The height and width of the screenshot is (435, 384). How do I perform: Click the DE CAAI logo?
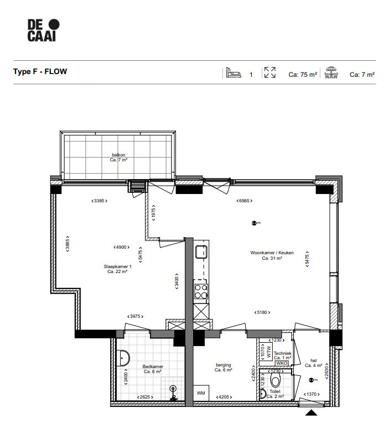pos(43,30)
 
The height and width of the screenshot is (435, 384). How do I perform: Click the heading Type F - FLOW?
pos(40,72)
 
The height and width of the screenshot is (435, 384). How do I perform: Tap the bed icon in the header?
pos(233,73)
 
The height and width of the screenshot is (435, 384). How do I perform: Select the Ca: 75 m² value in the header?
pos(303,74)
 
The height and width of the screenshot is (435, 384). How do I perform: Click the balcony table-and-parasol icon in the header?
pos(331,73)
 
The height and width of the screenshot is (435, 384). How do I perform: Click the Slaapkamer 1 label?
pos(118,269)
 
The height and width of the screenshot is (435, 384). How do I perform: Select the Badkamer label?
pos(152,369)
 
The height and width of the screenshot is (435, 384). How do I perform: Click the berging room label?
pos(223,368)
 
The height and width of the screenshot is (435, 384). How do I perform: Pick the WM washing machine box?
pos(200,393)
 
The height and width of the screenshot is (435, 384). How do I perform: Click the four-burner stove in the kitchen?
pos(200,291)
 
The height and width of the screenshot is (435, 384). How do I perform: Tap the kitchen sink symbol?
pos(200,251)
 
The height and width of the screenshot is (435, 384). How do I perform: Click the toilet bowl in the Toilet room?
pos(276,382)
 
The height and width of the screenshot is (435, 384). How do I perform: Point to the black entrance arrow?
pos(312,412)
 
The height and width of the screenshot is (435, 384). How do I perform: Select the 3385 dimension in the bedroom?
pos(99,201)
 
